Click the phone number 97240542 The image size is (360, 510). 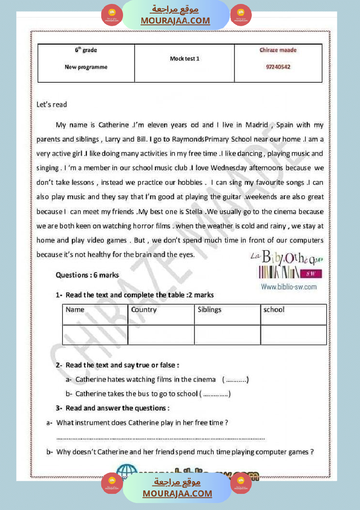278,67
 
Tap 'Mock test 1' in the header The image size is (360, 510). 185,58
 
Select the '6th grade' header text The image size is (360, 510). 86,50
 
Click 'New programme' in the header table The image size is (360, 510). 86,67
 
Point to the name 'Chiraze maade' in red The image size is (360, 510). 278,50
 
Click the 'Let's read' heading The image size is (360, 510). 52,104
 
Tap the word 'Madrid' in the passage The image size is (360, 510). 257,125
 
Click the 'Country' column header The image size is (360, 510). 144,310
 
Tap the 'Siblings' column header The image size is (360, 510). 209,310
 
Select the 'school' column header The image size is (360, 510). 274,310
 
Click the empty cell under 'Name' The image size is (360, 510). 95,335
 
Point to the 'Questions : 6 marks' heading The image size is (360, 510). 87,275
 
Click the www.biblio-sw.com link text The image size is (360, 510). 289,287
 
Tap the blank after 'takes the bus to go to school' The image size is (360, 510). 216,394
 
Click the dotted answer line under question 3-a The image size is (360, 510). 161,438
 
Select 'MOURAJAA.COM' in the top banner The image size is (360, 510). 175,21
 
